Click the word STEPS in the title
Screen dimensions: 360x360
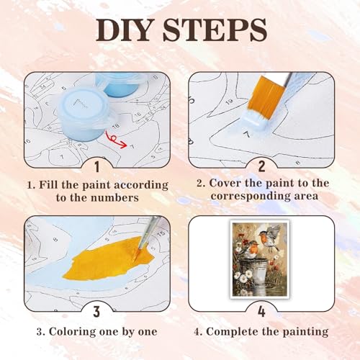215,30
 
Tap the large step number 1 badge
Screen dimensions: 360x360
97,167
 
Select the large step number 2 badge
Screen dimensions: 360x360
262,166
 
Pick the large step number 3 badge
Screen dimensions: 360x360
96,311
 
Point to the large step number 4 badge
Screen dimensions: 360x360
261,311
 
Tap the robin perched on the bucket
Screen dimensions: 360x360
250,250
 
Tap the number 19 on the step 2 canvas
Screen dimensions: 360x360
230,102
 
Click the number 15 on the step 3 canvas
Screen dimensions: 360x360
161,233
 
